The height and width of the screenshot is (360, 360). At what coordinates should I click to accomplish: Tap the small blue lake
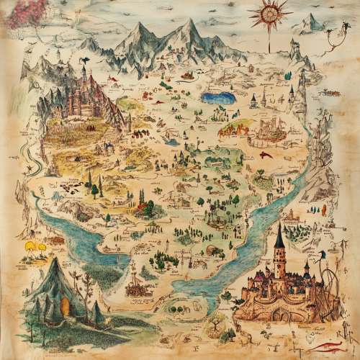pyautogui.click(x=218, y=97)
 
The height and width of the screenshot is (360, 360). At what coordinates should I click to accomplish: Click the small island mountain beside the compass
pyautogui.click(x=312, y=24)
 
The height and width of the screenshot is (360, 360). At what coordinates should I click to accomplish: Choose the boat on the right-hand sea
pyautogui.click(x=331, y=92)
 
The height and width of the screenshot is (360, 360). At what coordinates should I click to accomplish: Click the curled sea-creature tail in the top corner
pyautogui.click(x=333, y=36)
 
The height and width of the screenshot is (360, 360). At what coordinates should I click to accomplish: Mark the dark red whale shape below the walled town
pyautogui.click(x=266, y=154)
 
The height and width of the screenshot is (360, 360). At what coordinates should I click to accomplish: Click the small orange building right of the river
pyautogui.click(x=292, y=216)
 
